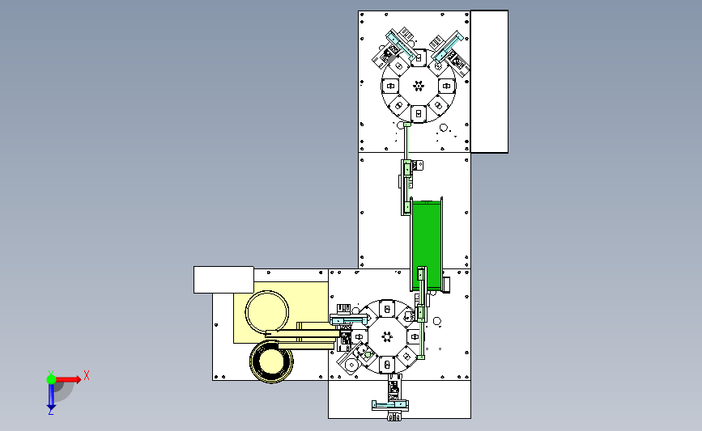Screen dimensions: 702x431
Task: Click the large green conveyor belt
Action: click(427, 244)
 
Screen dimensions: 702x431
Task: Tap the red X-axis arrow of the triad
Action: click(68, 379)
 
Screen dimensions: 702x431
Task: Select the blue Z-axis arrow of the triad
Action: click(51, 396)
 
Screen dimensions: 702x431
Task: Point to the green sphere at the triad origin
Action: click(51, 379)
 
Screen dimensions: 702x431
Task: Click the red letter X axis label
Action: click(87, 375)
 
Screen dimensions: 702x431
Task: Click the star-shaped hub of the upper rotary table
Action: click(419, 86)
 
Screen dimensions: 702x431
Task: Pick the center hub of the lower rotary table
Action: click(387, 336)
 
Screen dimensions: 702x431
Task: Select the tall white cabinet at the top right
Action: click(489, 82)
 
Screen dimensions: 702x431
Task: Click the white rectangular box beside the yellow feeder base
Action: click(223, 280)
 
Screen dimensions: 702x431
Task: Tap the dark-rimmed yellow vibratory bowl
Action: click(271, 361)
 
